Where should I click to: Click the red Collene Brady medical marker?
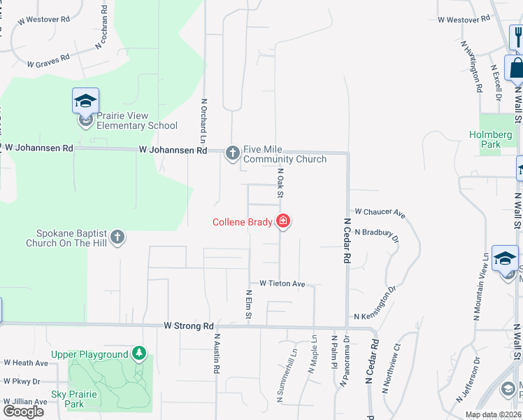(283, 222)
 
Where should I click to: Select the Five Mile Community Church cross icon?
(233, 153)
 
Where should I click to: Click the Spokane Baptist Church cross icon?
(117, 237)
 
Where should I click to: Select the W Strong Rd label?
(189, 326)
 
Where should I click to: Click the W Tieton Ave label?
(282, 283)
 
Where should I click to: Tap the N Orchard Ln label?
(204, 116)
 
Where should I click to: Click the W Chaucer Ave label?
(380, 211)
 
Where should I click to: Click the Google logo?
(23, 411)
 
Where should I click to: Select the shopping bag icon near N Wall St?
(516, 69)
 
